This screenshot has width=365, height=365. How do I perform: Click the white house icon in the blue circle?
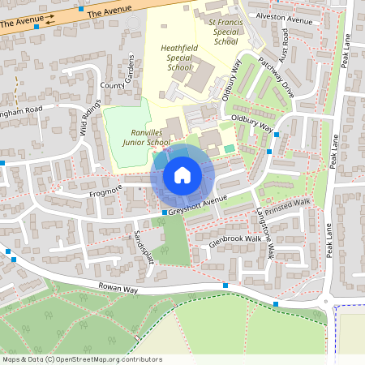182,174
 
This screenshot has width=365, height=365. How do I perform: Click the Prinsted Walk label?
289,204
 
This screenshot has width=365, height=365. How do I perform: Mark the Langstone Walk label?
265,230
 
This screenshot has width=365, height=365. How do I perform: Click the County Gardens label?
118,77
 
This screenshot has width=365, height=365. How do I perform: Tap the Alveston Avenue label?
284,19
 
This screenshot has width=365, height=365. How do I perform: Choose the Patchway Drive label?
276,78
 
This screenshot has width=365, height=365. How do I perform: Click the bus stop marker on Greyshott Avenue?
164,213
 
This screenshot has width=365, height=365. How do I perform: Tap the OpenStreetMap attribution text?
82,359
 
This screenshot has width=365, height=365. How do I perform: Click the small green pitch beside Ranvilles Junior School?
230,148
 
